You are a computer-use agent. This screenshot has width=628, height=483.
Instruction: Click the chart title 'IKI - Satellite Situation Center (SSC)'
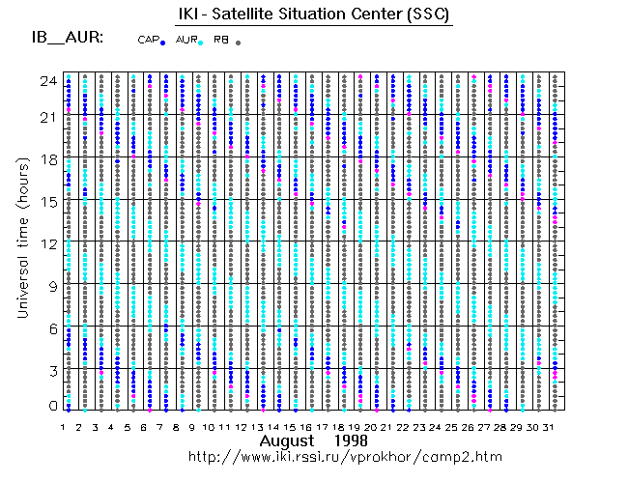(x=314, y=14)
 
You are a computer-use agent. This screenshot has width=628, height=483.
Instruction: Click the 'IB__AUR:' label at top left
(x=61, y=40)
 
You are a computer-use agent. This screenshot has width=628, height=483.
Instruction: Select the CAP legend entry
(x=152, y=41)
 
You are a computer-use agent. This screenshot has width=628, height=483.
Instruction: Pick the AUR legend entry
(x=189, y=41)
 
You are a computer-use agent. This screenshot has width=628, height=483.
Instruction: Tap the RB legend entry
(x=226, y=41)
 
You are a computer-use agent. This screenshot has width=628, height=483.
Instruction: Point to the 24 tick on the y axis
(x=46, y=81)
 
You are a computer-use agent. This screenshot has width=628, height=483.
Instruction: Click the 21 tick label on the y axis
(x=46, y=116)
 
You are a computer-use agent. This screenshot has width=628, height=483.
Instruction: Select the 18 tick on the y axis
(x=46, y=158)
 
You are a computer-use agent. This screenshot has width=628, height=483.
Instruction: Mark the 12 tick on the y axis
(x=46, y=243)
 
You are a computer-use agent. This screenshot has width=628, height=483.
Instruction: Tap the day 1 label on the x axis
(x=63, y=426)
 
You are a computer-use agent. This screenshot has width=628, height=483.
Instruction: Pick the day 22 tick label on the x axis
(x=404, y=426)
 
